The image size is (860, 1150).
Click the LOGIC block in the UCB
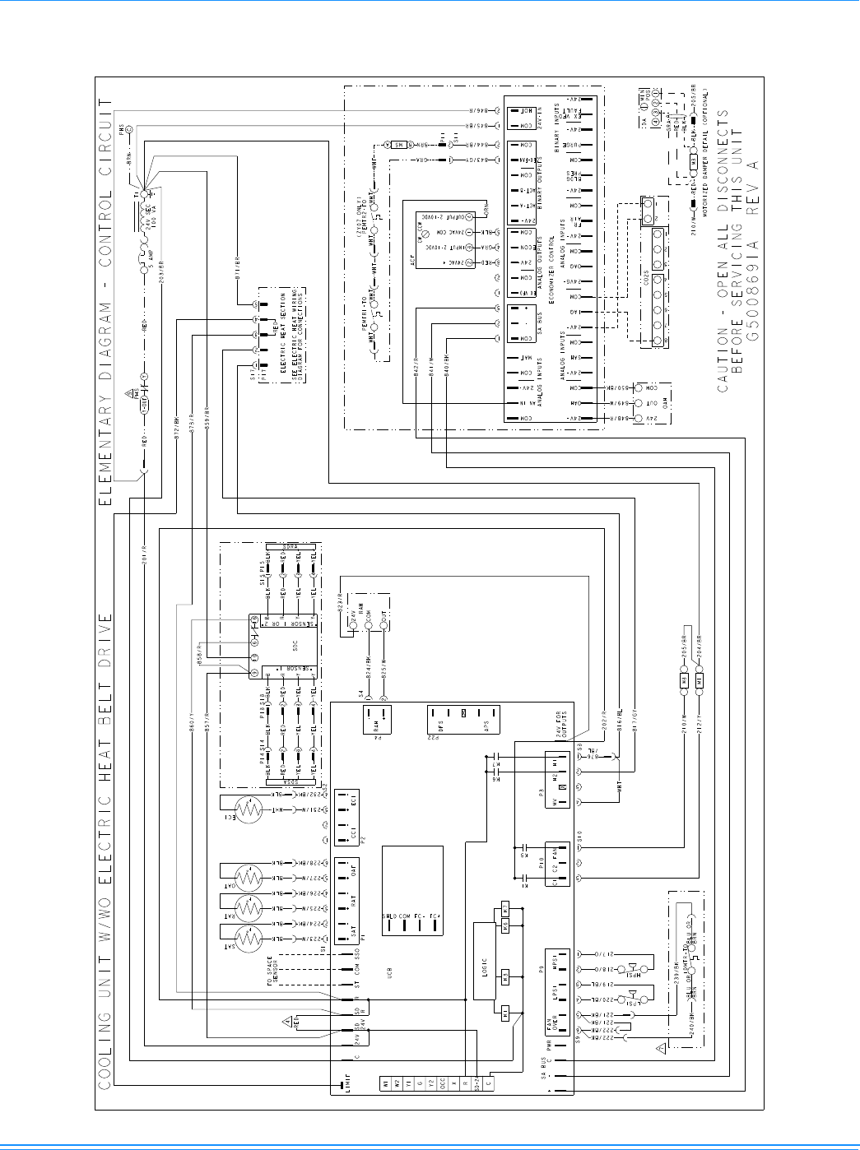(x=485, y=962)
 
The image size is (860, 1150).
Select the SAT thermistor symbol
(x=249, y=939)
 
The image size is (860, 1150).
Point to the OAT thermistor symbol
(x=249, y=878)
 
